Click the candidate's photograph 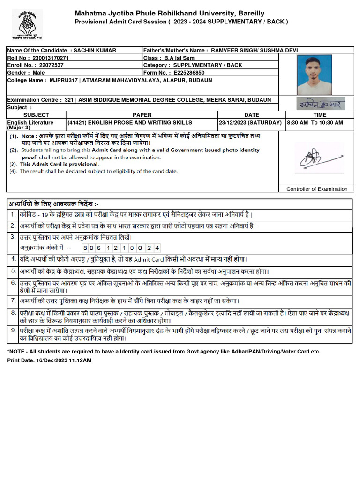(314, 75)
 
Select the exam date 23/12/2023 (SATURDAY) (250, 122)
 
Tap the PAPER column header (142, 115)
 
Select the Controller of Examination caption (317, 189)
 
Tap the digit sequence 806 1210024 (121, 247)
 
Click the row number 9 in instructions (13, 330)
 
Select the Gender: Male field (26, 73)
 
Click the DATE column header (251, 115)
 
